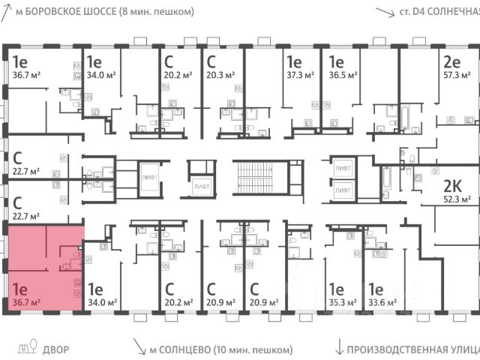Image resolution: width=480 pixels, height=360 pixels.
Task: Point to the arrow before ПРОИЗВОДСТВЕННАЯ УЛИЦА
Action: (340, 347)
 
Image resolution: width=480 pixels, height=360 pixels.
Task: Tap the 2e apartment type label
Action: (451, 61)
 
